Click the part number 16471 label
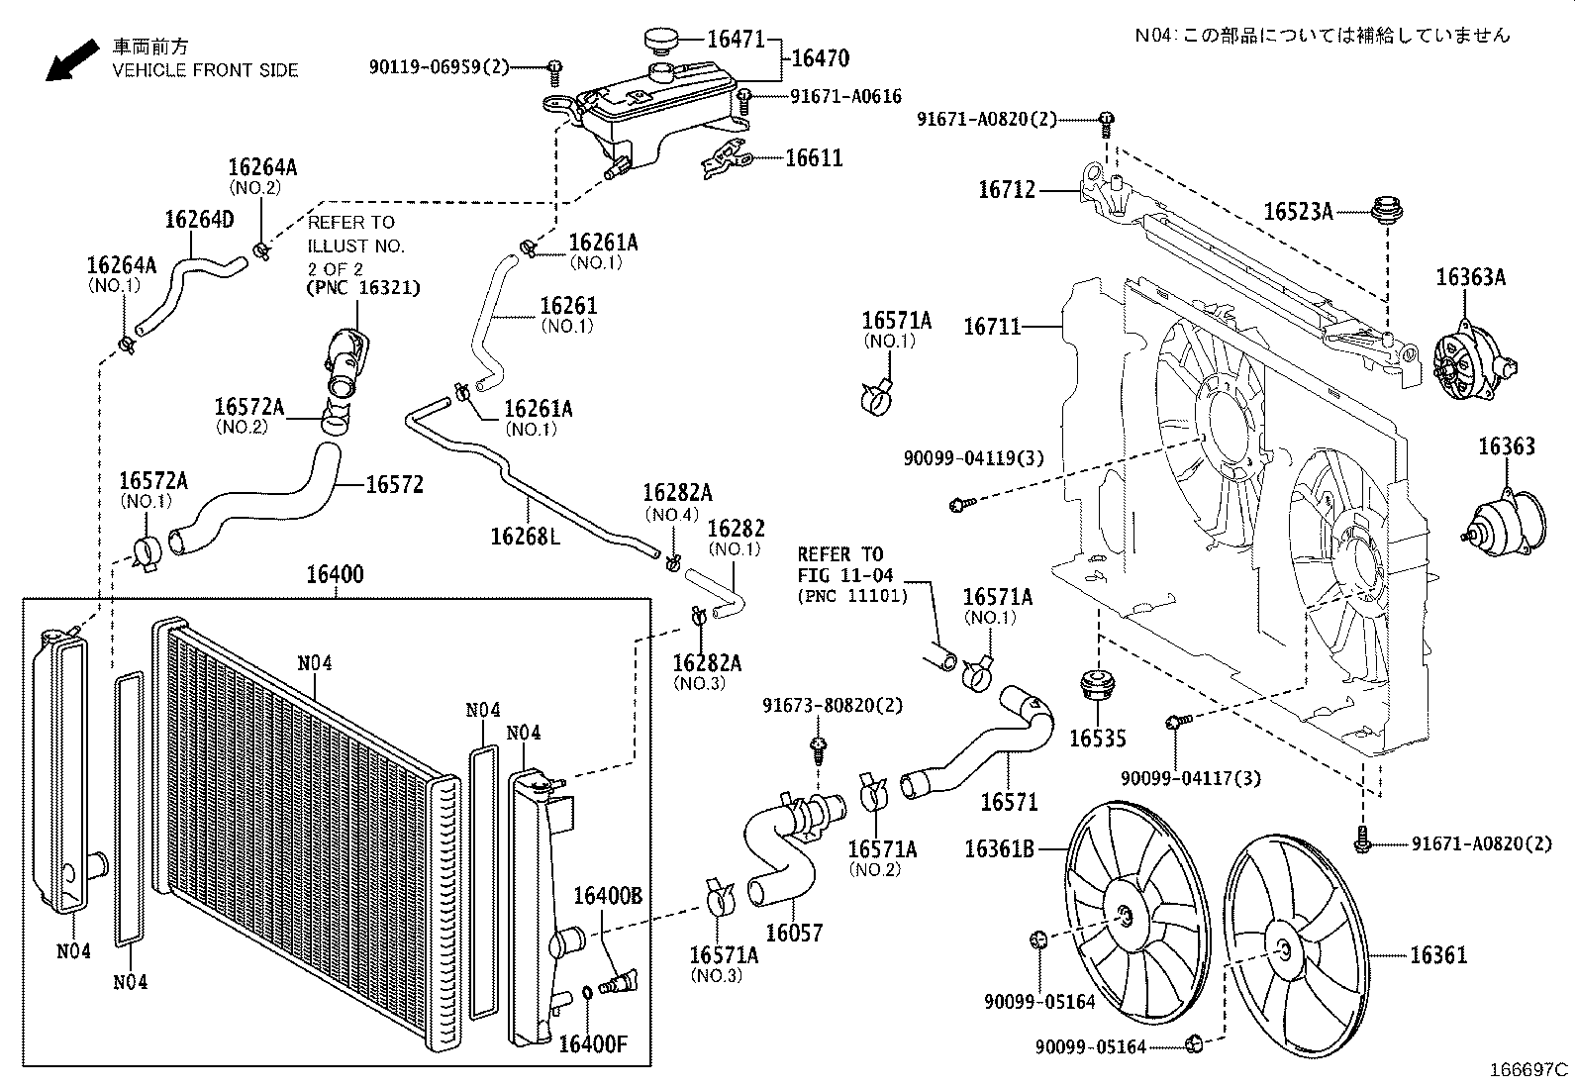(x=736, y=40)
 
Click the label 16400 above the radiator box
(x=335, y=575)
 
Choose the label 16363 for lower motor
(x=1507, y=447)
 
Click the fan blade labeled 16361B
(x=1136, y=912)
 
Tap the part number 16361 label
(x=1438, y=955)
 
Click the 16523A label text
(x=1298, y=211)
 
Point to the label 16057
(x=794, y=933)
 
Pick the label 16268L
(x=525, y=536)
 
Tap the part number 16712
(x=1006, y=189)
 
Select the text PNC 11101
(x=846, y=596)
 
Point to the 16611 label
(x=814, y=158)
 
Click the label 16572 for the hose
(x=394, y=485)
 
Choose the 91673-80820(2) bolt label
(x=833, y=706)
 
